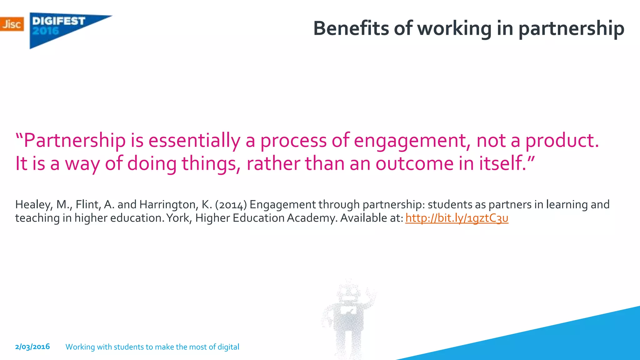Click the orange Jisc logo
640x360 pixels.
click(12, 24)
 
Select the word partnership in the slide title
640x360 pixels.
click(571, 29)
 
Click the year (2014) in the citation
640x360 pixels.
click(231, 205)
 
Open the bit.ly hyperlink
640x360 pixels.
click(457, 218)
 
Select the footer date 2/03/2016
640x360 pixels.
click(32, 347)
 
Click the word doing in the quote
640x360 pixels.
click(152, 164)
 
